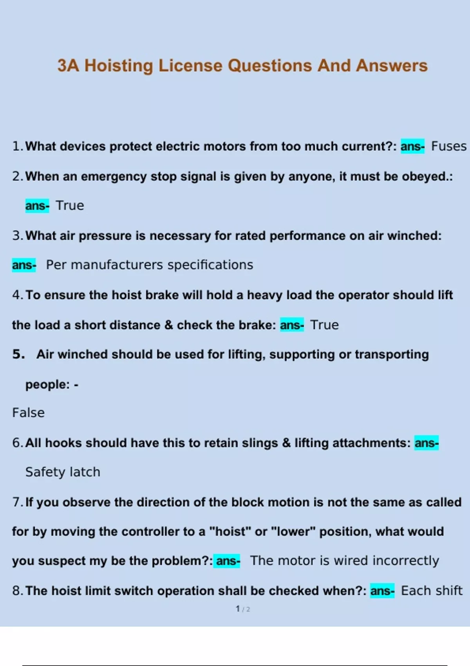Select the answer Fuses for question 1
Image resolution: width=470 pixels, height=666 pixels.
tap(449, 147)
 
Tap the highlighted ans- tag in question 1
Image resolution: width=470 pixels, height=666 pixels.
tap(412, 147)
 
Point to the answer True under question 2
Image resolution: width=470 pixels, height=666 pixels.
tap(70, 206)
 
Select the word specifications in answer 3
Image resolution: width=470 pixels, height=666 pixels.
tap(210, 265)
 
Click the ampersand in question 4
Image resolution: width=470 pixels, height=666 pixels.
tap(169, 325)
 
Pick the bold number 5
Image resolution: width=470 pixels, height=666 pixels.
tap(18, 355)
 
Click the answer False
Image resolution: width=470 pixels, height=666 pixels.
tap(28, 413)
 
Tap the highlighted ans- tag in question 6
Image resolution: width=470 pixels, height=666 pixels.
tap(427, 443)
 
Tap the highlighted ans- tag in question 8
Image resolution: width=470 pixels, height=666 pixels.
tap(382, 591)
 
